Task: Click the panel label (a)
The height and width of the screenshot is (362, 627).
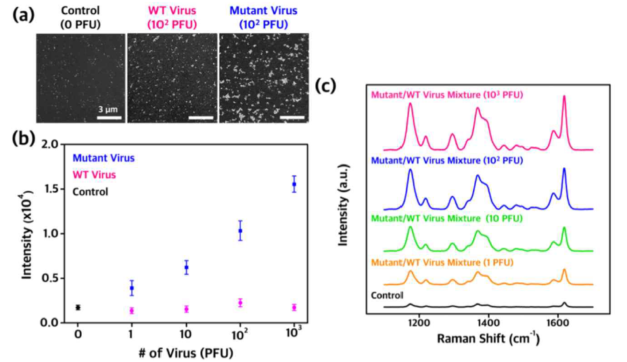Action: pos(24,15)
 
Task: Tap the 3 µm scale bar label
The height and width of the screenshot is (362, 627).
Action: pos(108,108)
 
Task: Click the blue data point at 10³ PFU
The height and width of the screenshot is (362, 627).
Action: pos(294,184)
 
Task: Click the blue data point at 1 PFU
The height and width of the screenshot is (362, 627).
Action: pos(132,288)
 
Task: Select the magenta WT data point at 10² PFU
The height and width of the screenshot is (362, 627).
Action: pos(240,302)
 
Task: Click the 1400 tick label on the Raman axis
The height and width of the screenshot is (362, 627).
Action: pos(488,323)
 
